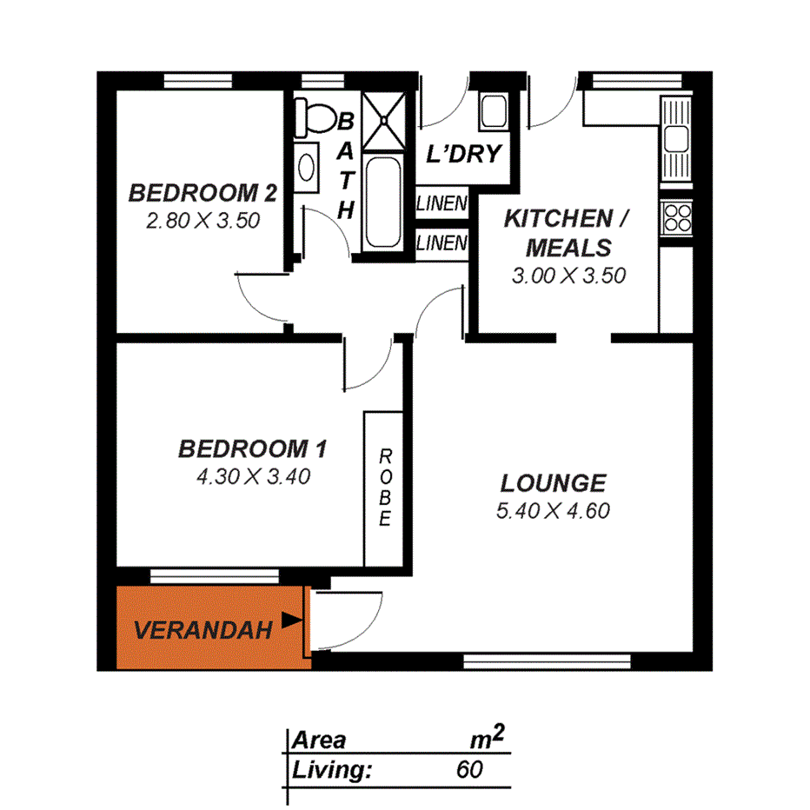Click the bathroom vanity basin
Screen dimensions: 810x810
[307, 168]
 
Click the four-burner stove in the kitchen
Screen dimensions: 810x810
[676, 216]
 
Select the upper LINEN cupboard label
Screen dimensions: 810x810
[442, 205]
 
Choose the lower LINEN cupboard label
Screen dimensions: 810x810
[442, 243]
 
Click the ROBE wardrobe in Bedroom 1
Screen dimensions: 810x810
[384, 488]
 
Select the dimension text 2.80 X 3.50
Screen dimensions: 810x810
[202, 221]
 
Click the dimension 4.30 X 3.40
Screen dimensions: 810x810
[252, 476]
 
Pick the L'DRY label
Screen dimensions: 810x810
[464, 155]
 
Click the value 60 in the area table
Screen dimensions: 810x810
[469, 769]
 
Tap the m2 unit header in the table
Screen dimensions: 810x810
[486, 739]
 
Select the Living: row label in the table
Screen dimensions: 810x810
[333, 769]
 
